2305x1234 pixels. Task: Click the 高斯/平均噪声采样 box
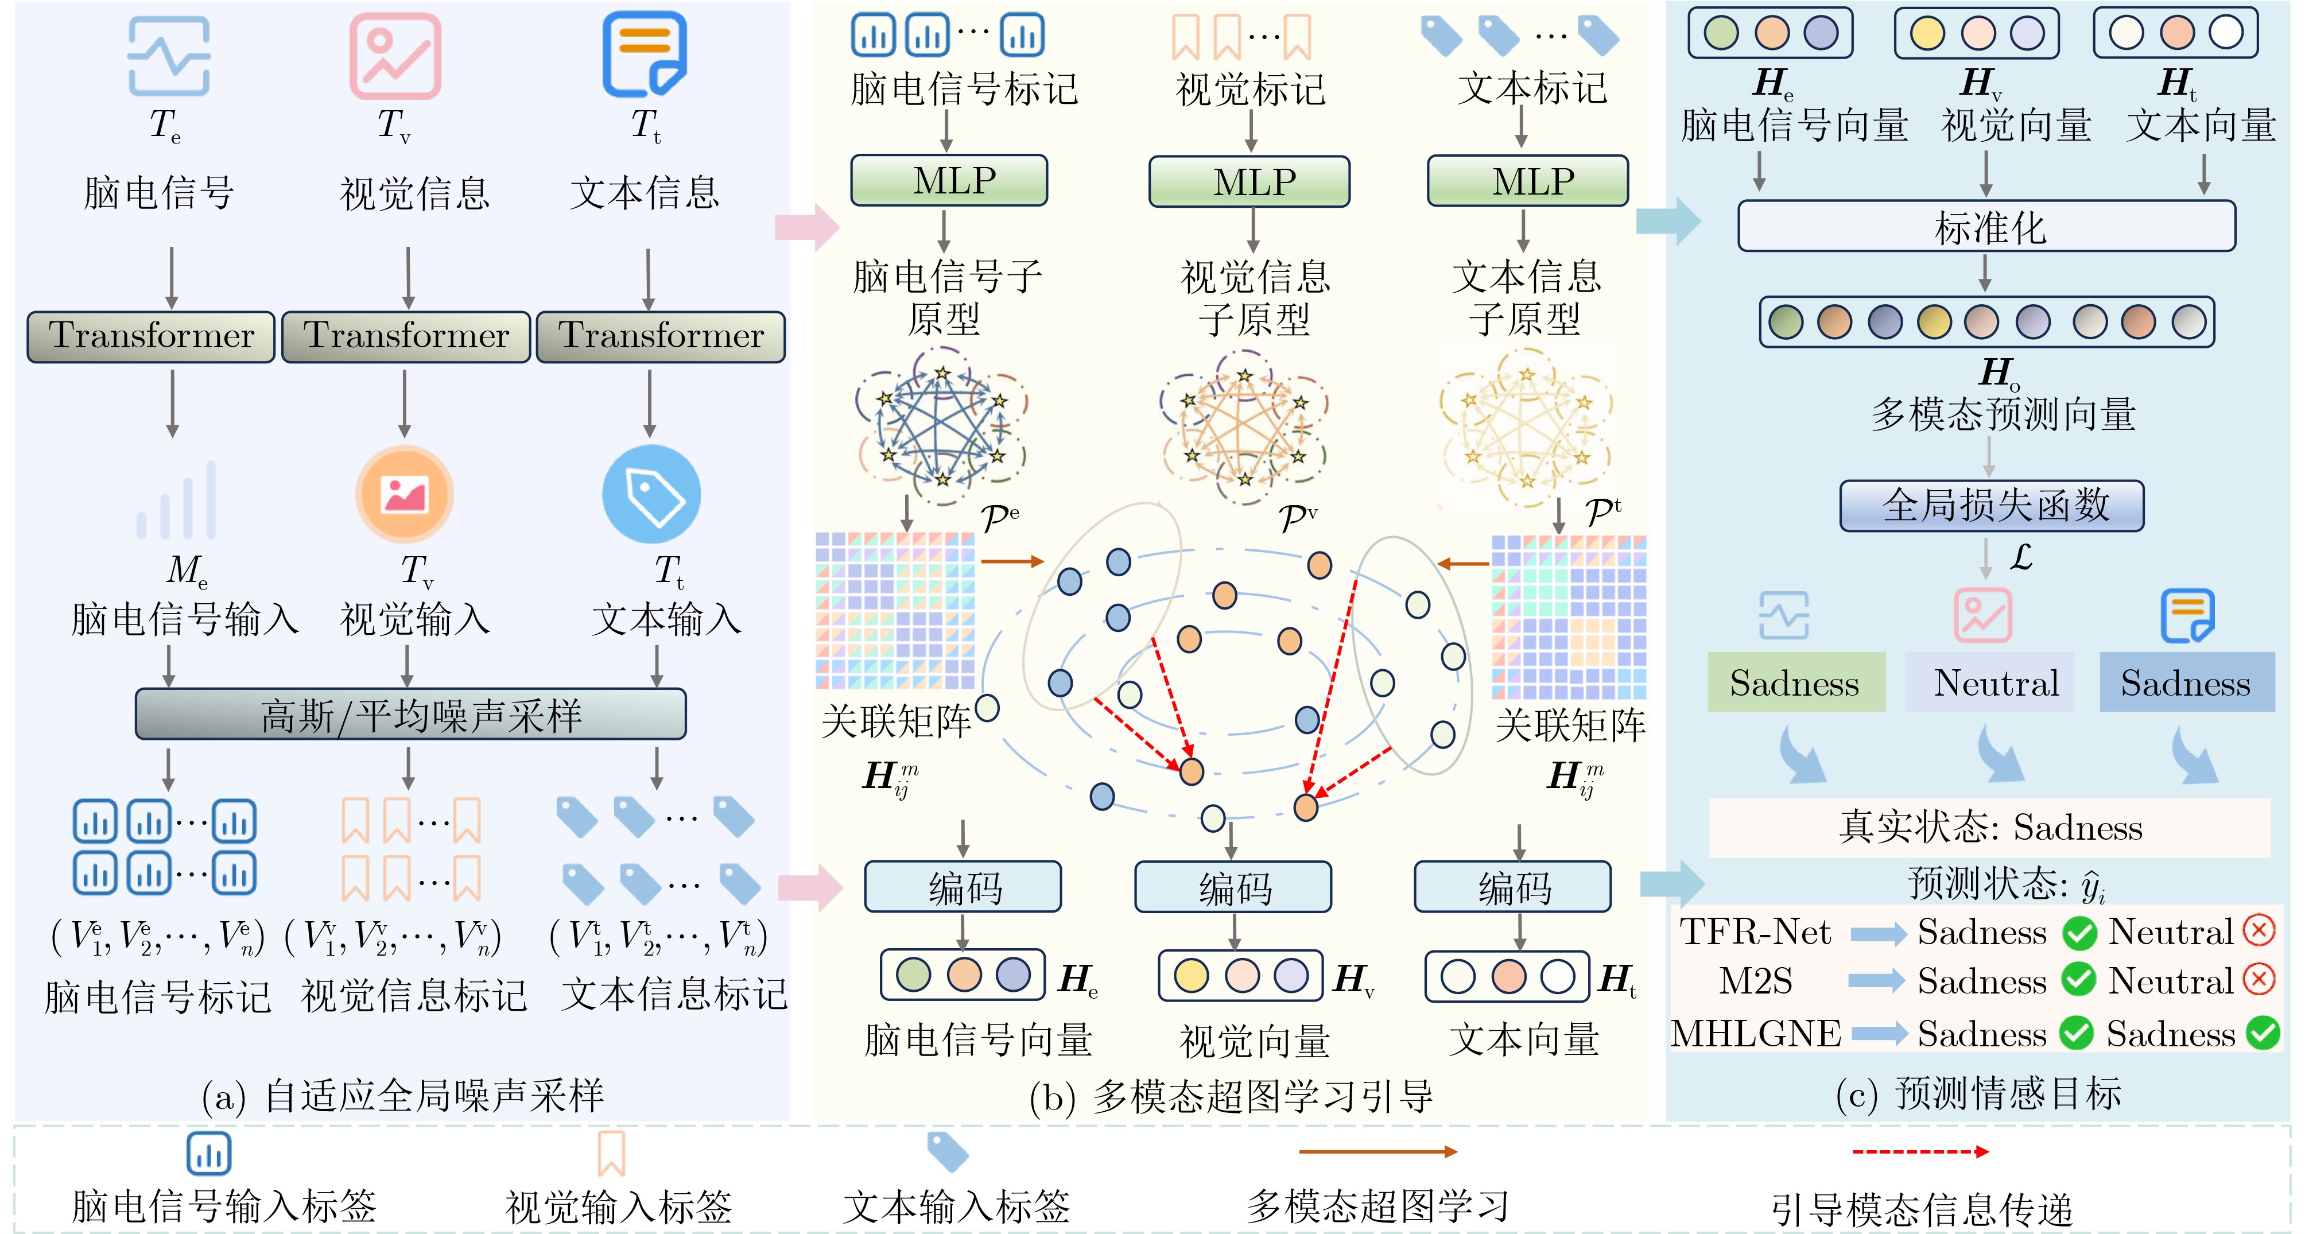click(x=411, y=714)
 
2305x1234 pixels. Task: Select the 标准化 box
click(x=1986, y=226)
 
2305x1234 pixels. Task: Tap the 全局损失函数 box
click(x=1992, y=506)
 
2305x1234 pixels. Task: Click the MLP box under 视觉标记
click(x=1249, y=181)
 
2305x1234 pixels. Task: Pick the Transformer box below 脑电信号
click(x=150, y=336)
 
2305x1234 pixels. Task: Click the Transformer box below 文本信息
click(x=661, y=336)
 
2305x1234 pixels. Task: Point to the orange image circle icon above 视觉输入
click(x=405, y=494)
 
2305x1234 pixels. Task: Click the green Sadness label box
click(x=1795, y=683)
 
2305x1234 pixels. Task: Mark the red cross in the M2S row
click(x=2259, y=980)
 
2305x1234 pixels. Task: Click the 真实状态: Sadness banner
click(x=1990, y=828)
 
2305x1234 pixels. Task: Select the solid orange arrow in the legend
click(x=1378, y=1152)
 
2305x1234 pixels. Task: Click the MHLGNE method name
click(x=1756, y=1034)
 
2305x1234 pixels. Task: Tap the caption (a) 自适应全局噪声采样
click(x=403, y=1095)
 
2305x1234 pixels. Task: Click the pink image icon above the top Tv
click(x=395, y=56)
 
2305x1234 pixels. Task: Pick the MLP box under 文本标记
click(x=1527, y=181)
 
